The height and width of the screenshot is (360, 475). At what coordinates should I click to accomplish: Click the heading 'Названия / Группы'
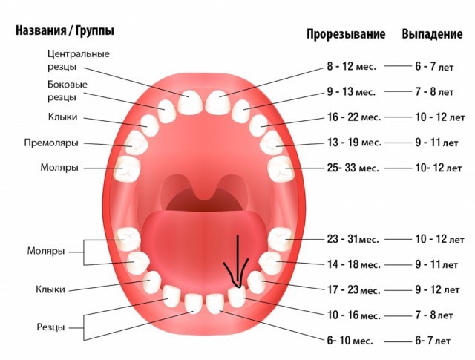64,32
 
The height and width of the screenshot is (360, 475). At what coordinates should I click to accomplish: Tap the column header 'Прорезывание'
346,35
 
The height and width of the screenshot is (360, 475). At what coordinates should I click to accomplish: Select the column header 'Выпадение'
432,35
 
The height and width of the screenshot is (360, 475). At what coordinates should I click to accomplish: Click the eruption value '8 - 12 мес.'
352,66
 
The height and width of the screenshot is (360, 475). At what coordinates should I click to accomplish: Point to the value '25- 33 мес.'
353,168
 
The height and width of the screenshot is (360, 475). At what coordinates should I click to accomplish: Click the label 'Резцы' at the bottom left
50,326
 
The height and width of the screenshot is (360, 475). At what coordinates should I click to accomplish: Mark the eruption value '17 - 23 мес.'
353,290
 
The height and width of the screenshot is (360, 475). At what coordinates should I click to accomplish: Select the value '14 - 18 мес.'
353,264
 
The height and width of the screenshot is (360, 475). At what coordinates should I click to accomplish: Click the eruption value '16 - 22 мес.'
354,117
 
